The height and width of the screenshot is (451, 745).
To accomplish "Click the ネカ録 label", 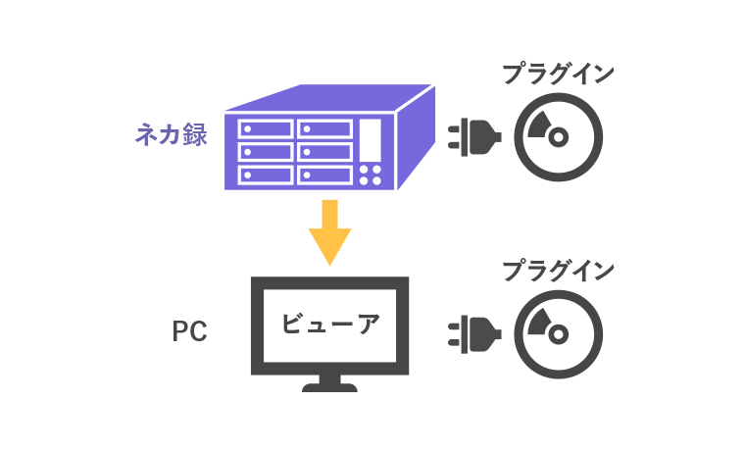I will point(172,134).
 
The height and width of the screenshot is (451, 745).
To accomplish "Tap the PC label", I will point(189,331).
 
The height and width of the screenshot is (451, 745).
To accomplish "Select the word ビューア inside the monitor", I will point(329,325).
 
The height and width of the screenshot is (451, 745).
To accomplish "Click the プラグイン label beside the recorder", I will point(558,74).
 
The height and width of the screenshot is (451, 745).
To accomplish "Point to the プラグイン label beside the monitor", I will point(558,270).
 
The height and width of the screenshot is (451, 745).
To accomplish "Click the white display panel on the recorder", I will point(372,141).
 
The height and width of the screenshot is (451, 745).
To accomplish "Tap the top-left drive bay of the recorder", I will point(265,128).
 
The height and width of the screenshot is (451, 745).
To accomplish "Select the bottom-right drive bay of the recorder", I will point(323,175).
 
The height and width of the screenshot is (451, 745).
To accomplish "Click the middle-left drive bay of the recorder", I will point(265,151).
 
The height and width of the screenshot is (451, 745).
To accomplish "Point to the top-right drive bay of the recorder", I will point(323,128).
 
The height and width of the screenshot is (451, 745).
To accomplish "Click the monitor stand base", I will point(329,387).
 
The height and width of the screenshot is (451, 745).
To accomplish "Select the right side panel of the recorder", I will point(415,137).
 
